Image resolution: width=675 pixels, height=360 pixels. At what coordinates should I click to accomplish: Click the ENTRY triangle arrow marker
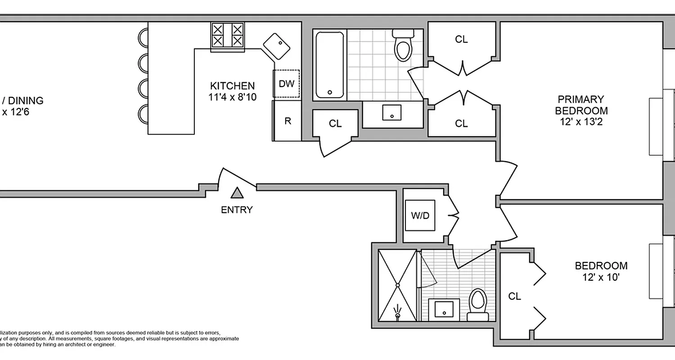[x=237, y=193]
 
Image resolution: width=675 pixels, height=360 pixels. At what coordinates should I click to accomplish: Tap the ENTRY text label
[x=237, y=210]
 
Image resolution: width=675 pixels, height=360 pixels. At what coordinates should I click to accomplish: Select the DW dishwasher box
[x=286, y=84]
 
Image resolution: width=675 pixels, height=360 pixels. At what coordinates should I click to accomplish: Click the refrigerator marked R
[x=287, y=121]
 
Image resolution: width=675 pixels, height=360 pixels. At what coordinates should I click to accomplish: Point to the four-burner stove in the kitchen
[x=227, y=36]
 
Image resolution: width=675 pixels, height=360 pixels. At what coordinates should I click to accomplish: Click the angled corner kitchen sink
[x=276, y=45]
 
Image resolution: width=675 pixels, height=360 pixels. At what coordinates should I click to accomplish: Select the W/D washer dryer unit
[x=420, y=216]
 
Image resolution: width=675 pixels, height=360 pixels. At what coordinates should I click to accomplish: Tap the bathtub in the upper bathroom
[x=330, y=65]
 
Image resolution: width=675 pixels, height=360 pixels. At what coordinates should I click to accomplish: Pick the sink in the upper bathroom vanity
[x=392, y=112]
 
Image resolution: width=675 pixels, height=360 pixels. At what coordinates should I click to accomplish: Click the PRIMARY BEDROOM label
[x=581, y=105]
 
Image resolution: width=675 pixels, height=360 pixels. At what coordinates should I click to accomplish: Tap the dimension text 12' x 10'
[x=601, y=277]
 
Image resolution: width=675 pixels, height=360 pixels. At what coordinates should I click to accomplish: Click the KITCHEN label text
[x=233, y=85]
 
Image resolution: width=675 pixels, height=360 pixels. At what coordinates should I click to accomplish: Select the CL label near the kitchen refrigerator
[x=335, y=124]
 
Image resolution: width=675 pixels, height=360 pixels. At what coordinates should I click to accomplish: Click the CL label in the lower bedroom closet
[x=515, y=296]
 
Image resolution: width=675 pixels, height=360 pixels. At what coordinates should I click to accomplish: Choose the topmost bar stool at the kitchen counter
[x=143, y=37]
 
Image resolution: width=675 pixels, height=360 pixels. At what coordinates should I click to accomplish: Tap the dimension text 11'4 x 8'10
[x=233, y=97]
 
